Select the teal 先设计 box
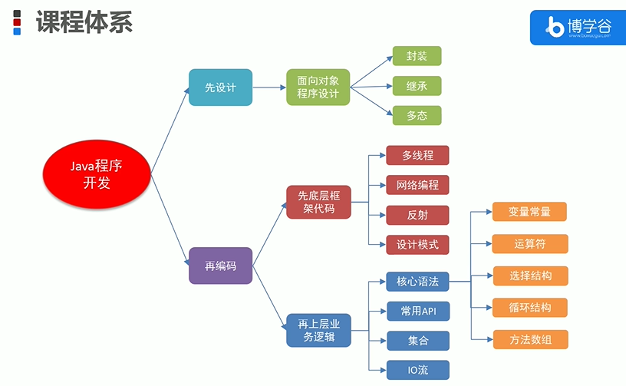tap(220, 87)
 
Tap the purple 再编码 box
tap(220, 266)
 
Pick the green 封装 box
tap(417, 56)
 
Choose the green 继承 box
tap(417, 86)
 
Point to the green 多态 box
tap(417, 116)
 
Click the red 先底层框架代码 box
tap(318, 202)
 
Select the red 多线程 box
tap(417, 155)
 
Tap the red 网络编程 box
tap(417, 185)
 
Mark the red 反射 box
tap(417, 215)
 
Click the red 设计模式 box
tap(417, 245)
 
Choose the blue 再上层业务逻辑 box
tap(318, 328)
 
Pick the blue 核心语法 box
tap(417, 281)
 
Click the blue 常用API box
tap(417, 311)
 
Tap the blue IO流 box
tap(417, 370)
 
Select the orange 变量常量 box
tap(529, 213)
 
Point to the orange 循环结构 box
tap(529, 308)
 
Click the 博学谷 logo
tap(578, 28)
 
